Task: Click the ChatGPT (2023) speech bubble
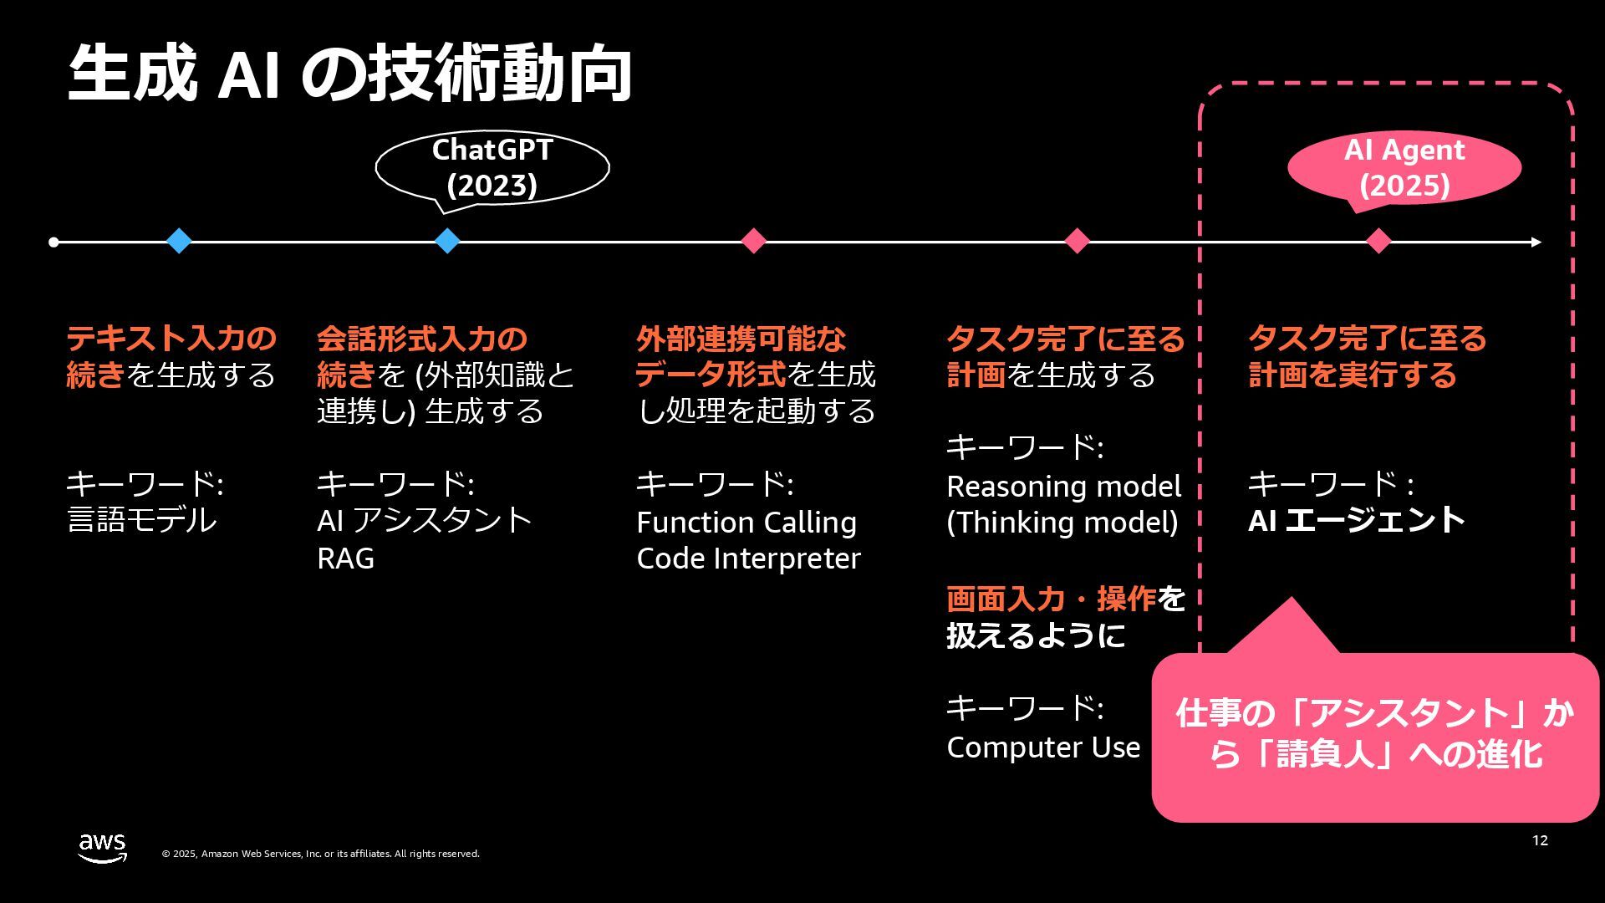coord(492,167)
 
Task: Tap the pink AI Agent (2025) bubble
coord(1404,167)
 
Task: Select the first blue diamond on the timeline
coord(179,241)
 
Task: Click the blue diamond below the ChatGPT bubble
coord(447,241)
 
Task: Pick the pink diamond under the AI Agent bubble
coord(1378,241)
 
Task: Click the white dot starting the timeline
coord(53,242)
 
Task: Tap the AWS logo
coord(102,848)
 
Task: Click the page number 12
coord(1540,840)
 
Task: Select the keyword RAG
coord(345,558)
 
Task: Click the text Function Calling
coord(746,523)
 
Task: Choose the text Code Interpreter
coord(747,558)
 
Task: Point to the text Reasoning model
coord(1063,486)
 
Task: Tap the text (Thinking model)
coord(1062,523)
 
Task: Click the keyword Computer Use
coord(1042,747)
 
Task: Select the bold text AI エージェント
coord(1356,520)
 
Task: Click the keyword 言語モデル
coord(141,520)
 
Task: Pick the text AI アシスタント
coord(424,520)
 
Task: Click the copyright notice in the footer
coord(320,854)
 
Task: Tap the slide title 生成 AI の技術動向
coord(349,75)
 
